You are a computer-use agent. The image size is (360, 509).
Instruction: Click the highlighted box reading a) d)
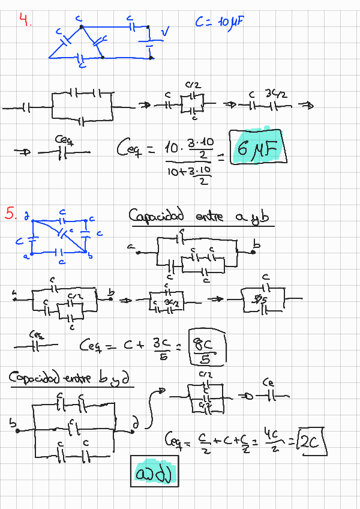[x=154, y=473]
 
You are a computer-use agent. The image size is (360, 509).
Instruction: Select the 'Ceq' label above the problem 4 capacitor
[x=63, y=139]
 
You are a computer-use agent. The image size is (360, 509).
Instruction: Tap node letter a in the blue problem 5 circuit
[x=25, y=256]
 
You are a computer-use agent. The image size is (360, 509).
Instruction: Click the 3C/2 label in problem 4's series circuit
[x=278, y=94]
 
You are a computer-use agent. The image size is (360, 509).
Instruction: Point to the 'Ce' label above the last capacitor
[x=269, y=382]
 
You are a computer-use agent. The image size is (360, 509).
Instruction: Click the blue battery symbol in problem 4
[x=149, y=41]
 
